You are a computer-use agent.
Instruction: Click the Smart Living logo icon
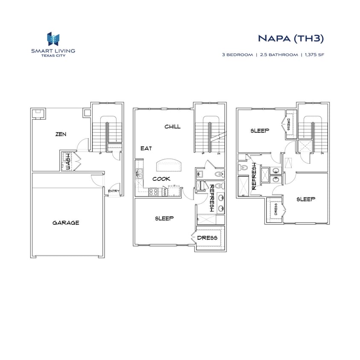53,39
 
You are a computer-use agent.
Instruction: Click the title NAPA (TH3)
290,38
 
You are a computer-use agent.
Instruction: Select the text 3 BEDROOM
237,55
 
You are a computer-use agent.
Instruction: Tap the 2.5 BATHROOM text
278,55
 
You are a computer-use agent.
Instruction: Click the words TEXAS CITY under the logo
53,54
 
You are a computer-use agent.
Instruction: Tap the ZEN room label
61,134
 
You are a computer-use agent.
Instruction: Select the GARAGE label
66,223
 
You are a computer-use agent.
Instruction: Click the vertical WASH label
67,162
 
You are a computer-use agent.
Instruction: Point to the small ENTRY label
113,191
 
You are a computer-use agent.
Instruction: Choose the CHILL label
172,126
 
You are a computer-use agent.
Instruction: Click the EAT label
146,148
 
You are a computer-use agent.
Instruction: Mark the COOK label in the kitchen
161,179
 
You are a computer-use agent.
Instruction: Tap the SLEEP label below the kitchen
164,218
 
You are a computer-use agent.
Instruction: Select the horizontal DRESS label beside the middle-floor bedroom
207,238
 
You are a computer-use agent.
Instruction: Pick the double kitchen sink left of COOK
139,173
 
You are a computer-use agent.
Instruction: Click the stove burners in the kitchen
153,191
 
